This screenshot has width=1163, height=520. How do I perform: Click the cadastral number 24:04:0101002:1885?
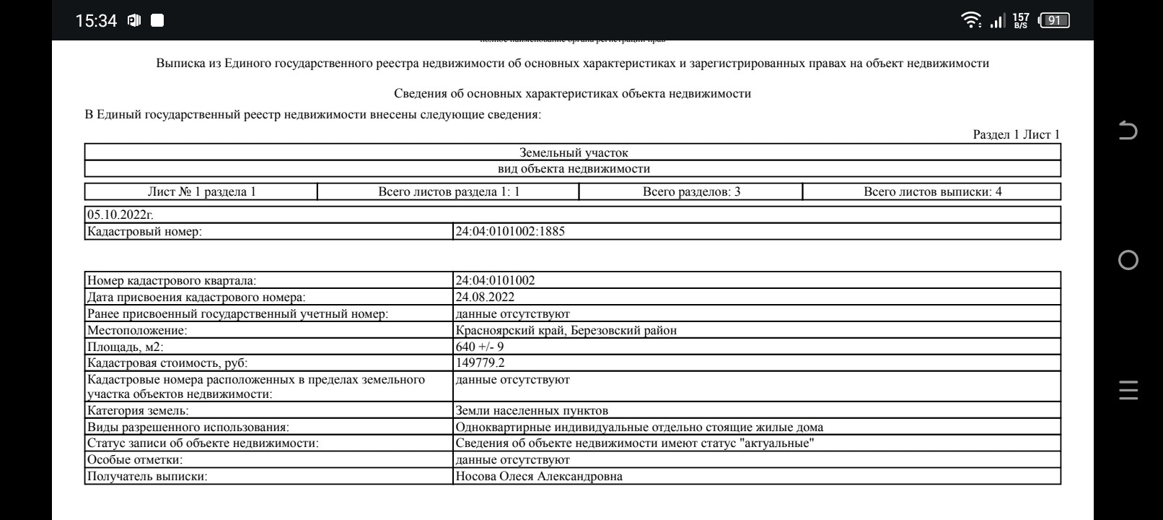(x=510, y=231)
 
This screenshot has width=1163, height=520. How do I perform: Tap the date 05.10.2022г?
(x=120, y=214)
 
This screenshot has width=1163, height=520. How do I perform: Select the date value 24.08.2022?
(x=485, y=297)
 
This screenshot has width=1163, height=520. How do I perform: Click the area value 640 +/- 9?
(x=480, y=347)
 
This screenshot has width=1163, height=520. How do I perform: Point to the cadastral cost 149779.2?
(x=480, y=363)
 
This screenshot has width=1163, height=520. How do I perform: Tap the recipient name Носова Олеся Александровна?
(x=539, y=476)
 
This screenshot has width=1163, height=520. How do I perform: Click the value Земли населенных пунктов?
(x=532, y=410)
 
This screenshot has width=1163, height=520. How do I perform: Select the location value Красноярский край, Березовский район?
(x=566, y=330)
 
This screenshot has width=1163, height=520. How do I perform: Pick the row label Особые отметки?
(x=135, y=459)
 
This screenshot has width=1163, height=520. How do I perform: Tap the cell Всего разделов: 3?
(x=691, y=191)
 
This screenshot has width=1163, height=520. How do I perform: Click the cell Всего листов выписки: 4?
(x=932, y=191)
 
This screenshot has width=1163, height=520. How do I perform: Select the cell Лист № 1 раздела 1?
(x=201, y=191)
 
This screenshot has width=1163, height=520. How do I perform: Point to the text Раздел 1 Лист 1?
(x=1016, y=134)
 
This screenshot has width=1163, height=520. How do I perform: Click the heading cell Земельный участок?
(x=574, y=152)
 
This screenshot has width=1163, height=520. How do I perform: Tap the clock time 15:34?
(x=96, y=21)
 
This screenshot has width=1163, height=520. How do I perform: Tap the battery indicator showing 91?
(x=1053, y=20)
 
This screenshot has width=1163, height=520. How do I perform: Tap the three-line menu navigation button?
(x=1128, y=390)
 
